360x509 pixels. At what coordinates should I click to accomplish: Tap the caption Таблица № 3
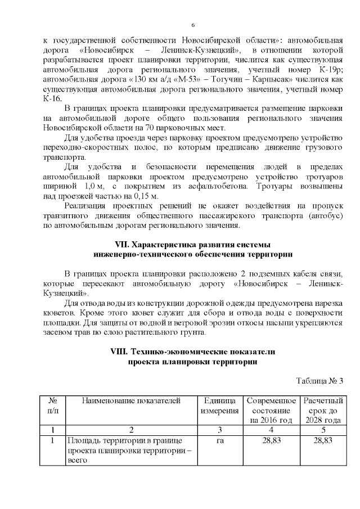[319, 381]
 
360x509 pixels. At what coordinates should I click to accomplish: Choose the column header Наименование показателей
[131, 400]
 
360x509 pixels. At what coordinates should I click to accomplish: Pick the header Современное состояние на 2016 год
[271, 410]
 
